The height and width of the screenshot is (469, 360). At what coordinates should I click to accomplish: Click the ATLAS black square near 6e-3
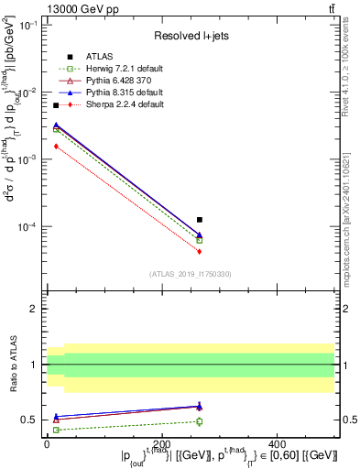click(56, 106)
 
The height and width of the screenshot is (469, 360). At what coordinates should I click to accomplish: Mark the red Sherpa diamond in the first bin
click(56, 146)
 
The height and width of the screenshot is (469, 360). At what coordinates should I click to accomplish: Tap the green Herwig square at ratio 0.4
click(56, 430)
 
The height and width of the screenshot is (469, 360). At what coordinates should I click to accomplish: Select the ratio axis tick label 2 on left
click(34, 309)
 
